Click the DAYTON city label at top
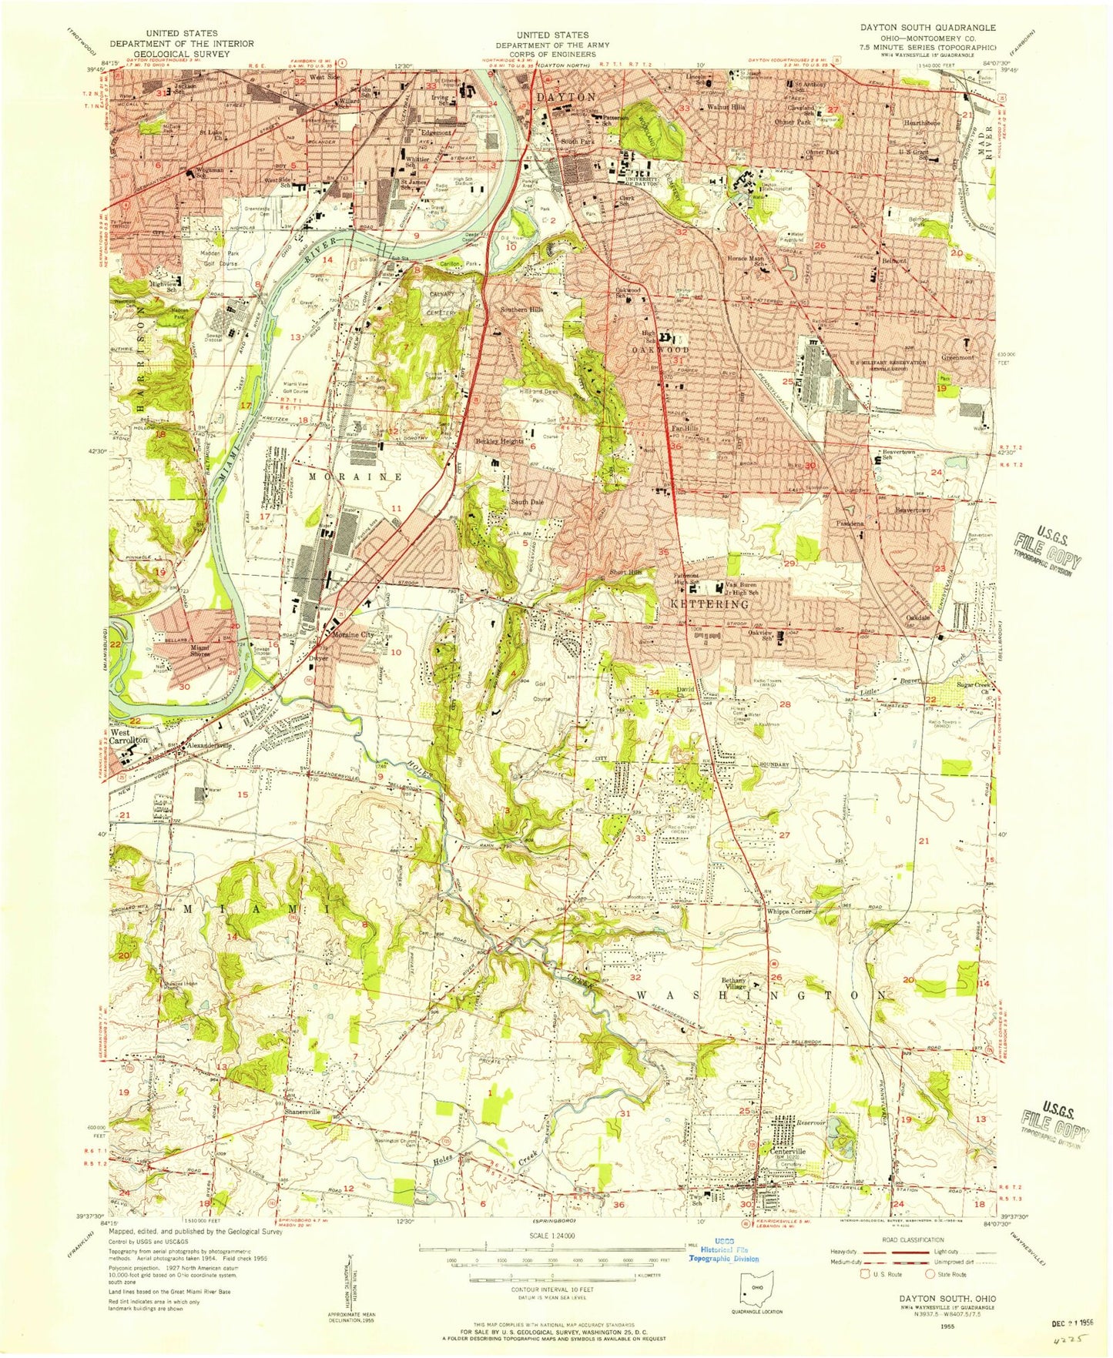566,97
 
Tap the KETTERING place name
699,604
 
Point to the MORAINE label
355,477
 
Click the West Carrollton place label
128,736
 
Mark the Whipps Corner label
789,911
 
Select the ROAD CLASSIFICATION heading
914,1239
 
